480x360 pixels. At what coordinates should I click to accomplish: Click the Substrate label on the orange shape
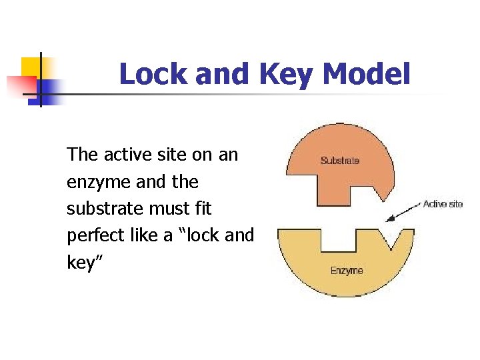(x=339, y=160)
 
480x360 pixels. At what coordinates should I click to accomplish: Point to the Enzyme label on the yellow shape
(x=347, y=270)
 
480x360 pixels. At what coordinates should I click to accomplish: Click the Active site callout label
(x=443, y=204)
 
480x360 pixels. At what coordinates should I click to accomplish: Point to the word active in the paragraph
(x=127, y=155)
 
